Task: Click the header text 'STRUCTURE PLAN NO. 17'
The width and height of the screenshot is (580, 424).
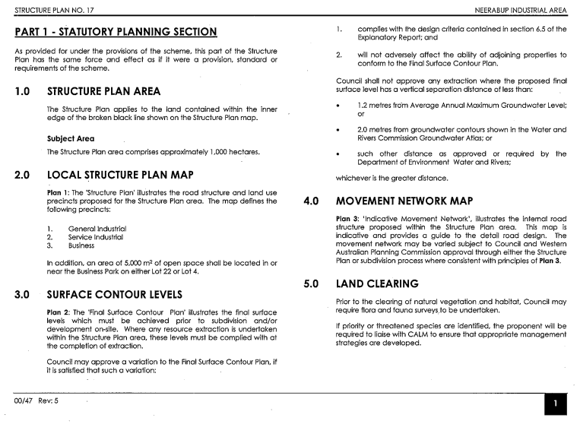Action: (46, 10)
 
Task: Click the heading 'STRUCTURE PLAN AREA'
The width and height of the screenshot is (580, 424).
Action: (103, 92)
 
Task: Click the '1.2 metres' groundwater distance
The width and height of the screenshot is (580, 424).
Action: (376, 103)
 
